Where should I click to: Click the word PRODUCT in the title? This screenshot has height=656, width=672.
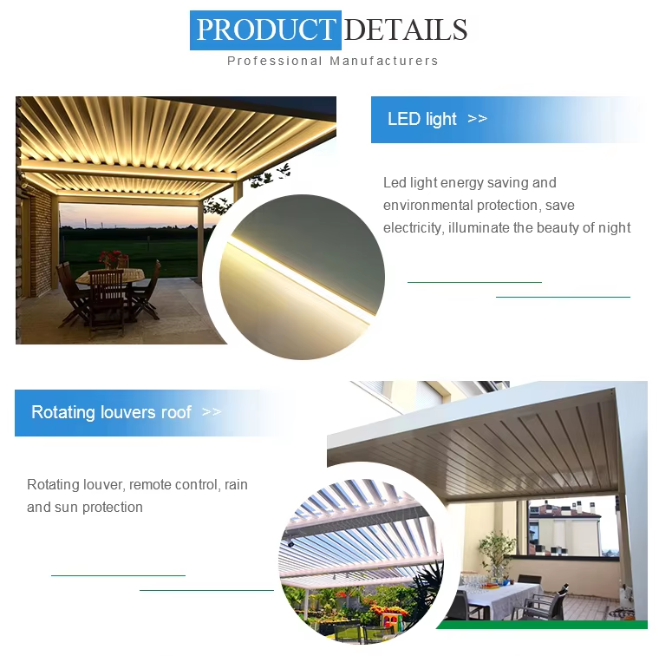click(x=265, y=30)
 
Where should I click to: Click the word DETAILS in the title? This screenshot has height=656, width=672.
click(x=406, y=30)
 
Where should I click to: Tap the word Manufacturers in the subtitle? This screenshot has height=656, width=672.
click(x=384, y=61)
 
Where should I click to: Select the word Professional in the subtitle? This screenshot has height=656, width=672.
click(x=274, y=61)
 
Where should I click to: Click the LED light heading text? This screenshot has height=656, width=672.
click(x=422, y=119)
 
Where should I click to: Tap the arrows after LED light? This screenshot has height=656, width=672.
click(x=478, y=118)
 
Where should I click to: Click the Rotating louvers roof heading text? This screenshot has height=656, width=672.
click(x=112, y=412)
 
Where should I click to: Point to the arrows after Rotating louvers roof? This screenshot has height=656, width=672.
click(x=212, y=412)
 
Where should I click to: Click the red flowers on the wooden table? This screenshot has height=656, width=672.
click(x=111, y=258)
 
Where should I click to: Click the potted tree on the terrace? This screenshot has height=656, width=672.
click(x=497, y=554)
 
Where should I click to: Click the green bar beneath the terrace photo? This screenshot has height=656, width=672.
click(x=542, y=625)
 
